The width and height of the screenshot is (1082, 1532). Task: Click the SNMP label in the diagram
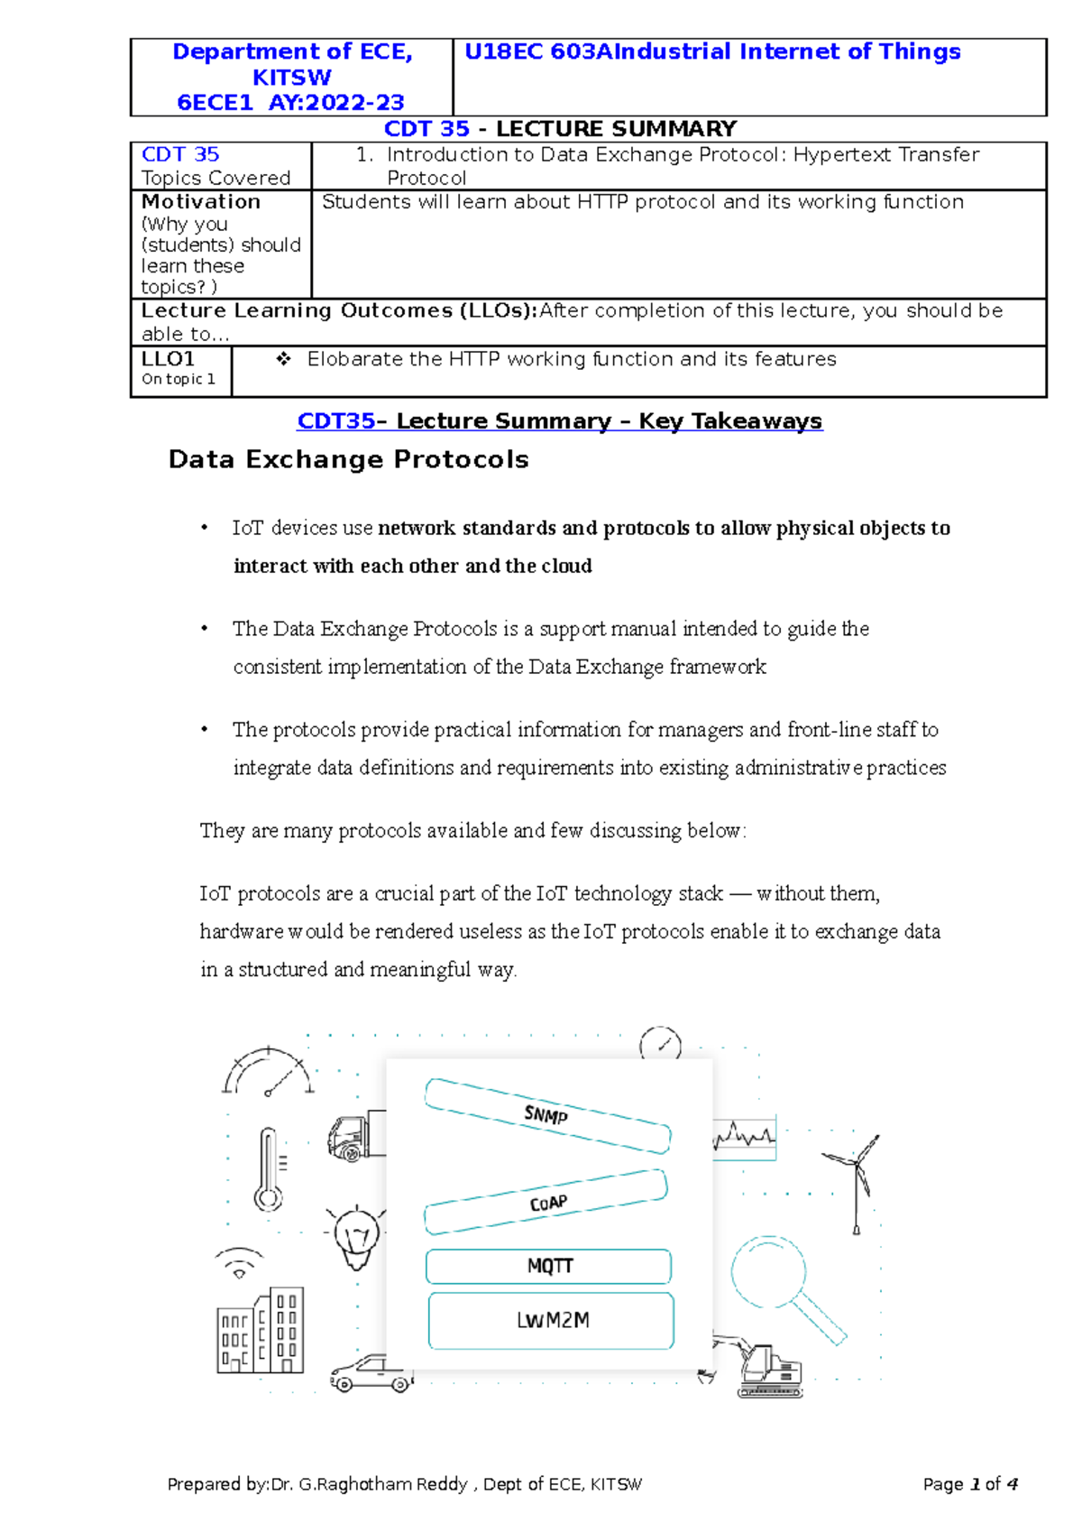tap(546, 1115)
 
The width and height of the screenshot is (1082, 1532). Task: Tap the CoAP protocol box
tap(547, 1203)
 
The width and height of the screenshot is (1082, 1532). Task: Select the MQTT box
tap(549, 1266)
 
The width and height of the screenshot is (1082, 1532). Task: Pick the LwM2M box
tap(552, 1320)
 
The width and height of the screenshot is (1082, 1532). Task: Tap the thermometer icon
tap(268, 1169)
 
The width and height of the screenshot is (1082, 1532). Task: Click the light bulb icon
tap(357, 1236)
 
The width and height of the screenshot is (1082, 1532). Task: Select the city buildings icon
tap(261, 1332)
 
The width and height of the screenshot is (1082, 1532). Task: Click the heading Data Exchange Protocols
tap(348, 459)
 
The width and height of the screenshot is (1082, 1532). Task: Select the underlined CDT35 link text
tap(335, 421)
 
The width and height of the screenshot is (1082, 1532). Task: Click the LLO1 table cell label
tap(168, 359)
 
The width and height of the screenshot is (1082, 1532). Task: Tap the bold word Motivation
tap(201, 202)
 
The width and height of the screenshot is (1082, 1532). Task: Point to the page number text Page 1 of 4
tap(970, 1484)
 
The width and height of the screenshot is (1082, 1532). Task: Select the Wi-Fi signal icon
tap(239, 1263)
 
